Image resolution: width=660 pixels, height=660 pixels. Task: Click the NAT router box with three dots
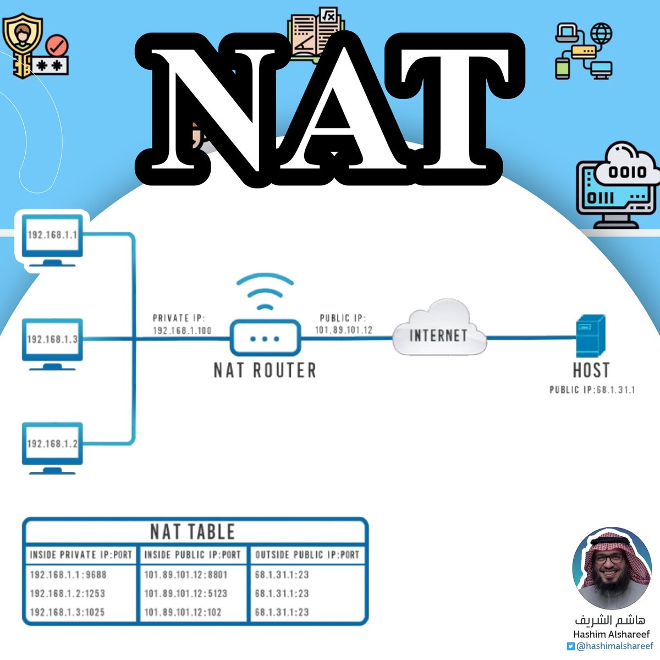point(265,338)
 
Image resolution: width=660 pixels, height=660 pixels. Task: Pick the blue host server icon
point(591,336)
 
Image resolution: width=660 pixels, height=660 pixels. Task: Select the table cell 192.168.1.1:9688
point(68,575)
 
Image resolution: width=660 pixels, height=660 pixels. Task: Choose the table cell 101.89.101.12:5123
point(185,593)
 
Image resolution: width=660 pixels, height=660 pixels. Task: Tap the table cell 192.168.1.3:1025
point(67,612)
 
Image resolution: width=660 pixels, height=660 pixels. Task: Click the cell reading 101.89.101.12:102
point(183,612)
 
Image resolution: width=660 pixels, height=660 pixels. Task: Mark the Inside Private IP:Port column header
point(81,555)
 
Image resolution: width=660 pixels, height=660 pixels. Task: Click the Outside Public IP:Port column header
point(307,555)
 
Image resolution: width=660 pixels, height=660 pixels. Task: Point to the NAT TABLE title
point(193,532)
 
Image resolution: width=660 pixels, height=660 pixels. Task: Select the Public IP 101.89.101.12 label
point(343,324)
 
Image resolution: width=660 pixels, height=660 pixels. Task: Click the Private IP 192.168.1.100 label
point(182,324)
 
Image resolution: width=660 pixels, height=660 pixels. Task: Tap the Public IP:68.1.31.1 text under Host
point(592,390)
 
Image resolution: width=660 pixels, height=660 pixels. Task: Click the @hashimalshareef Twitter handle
point(614,646)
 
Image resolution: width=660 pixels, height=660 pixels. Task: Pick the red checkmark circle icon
point(57,45)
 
